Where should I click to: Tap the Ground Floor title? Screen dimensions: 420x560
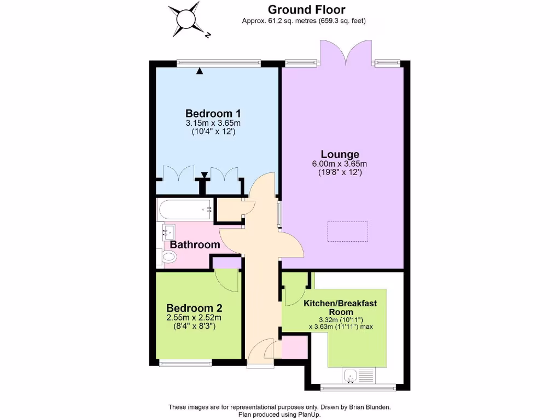pos(306,9)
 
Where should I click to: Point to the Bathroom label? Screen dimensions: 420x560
pos(195,244)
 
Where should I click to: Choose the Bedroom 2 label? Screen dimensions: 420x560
pos(195,307)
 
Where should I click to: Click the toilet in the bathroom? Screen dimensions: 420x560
pos(167,256)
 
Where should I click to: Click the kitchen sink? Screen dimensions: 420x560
pos(351,376)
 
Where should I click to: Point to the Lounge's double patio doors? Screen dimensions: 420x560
pos(343,52)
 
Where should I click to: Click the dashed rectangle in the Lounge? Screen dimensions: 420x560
pos(348,231)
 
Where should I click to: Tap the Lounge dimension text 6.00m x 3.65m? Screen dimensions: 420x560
pos(340,164)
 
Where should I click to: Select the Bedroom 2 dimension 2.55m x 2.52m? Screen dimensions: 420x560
pos(195,318)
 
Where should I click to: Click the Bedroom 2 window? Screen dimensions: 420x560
pos(185,362)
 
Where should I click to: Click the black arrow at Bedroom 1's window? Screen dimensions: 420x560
pos(200,71)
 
